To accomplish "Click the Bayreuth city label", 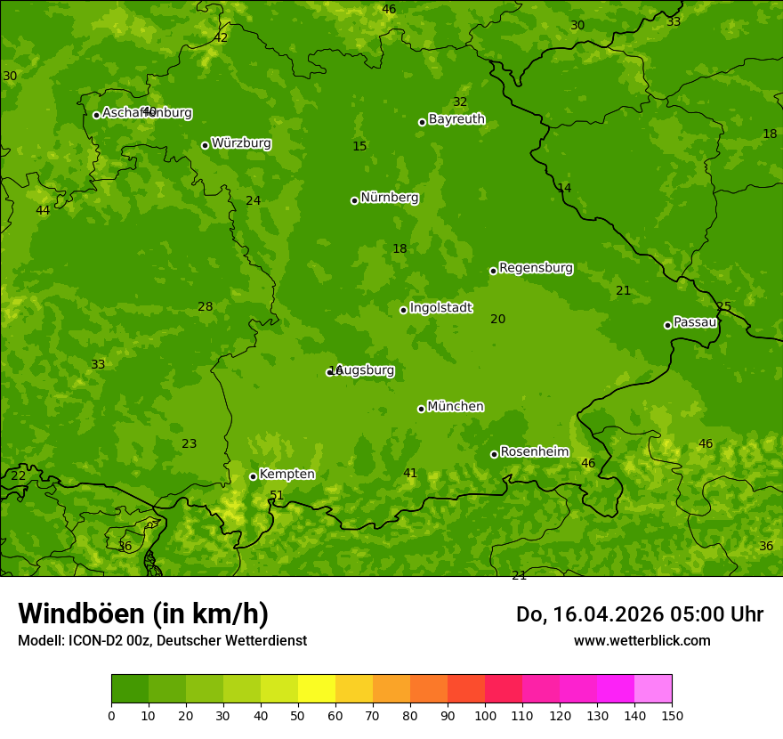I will click(x=456, y=119).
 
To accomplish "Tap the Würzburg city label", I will click(x=241, y=143).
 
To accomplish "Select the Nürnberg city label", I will click(x=389, y=198).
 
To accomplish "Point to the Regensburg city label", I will click(x=536, y=268).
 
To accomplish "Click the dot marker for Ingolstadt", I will click(x=403, y=310).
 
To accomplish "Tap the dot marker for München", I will click(x=421, y=409).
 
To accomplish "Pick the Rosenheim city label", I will click(x=534, y=452).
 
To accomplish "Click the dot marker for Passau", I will click(x=667, y=325).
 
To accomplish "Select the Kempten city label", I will click(x=287, y=475).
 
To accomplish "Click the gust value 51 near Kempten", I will click(x=277, y=496).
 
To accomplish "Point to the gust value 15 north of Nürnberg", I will click(x=359, y=147).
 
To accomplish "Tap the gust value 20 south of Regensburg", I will click(x=498, y=320).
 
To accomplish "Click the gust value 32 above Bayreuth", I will click(x=460, y=102).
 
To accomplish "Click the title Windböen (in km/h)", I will click(x=143, y=613).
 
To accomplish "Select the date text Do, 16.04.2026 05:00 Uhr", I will click(x=639, y=614).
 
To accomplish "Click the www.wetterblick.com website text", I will click(x=642, y=641).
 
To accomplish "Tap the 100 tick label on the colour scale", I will click(x=485, y=715).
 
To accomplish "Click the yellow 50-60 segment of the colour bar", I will click(x=317, y=689).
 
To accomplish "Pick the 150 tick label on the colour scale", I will click(x=672, y=715).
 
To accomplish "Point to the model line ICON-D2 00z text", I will click(x=162, y=641).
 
